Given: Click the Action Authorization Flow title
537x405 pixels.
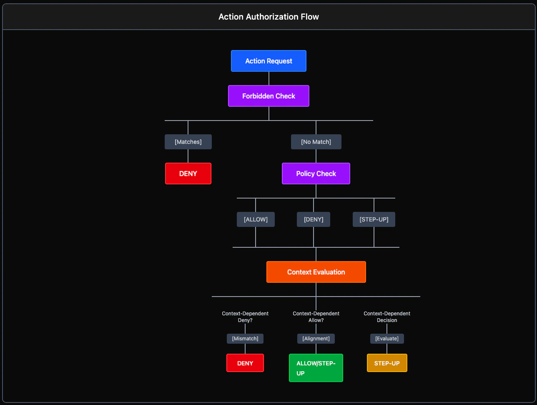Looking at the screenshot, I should pyautogui.click(x=268, y=17).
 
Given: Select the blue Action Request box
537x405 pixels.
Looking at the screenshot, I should pyautogui.click(x=268, y=61).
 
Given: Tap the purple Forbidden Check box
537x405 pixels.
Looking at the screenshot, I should pyautogui.click(x=268, y=96).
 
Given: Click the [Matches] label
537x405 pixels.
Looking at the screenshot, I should pyautogui.click(x=188, y=142).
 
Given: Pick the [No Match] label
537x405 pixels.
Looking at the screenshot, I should pyautogui.click(x=316, y=142).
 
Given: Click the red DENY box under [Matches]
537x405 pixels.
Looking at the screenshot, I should pyautogui.click(x=188, y=174).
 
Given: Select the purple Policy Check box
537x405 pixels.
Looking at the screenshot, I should pyautogui.click(x=316, y=174).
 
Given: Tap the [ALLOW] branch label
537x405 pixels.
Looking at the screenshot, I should pyautogui.click(x=256, y=219).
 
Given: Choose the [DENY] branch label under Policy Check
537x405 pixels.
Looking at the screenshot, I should pyautogui.click(x=314, y=219).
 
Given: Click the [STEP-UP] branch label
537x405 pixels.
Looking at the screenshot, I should pyautogui.click(x=374, y=219).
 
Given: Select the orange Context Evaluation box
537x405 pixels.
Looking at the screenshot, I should pyautogui.click(x=316, y=272).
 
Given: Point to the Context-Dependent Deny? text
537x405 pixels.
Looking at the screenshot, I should pyautogui.click(x=245, y=317).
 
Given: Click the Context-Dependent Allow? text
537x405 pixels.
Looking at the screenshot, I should pyautogui.click(x=316, y=317).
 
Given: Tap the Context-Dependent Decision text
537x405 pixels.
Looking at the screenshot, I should pyautogui.click(x=387, y=317).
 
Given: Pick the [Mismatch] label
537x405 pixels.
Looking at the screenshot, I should pyautogui.click(x=245, y=339).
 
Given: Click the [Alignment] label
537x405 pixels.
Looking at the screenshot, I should pyautogui.click(x=316, y=339).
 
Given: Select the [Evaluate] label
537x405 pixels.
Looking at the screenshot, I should pyautogui.click(x=387, y=339).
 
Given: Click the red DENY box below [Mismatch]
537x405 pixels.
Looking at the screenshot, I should pyautogui.click(x=245, y=363).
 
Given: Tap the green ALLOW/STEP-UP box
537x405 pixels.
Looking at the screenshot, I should pyautogui.click(x=316, y=368).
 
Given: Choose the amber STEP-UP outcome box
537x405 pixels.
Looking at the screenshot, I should pyautogui.click(x=387, y=363).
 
